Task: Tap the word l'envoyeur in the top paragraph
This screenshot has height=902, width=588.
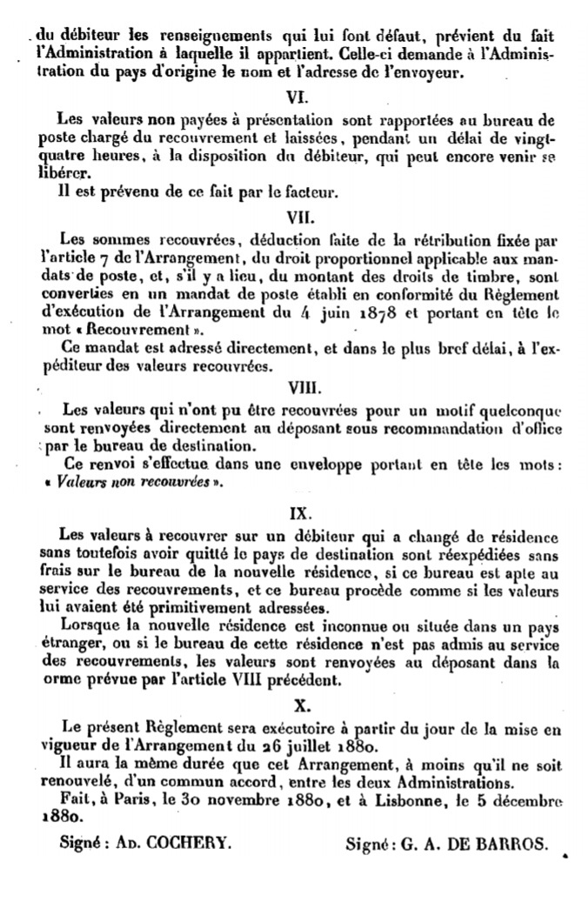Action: click(418, 73)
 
